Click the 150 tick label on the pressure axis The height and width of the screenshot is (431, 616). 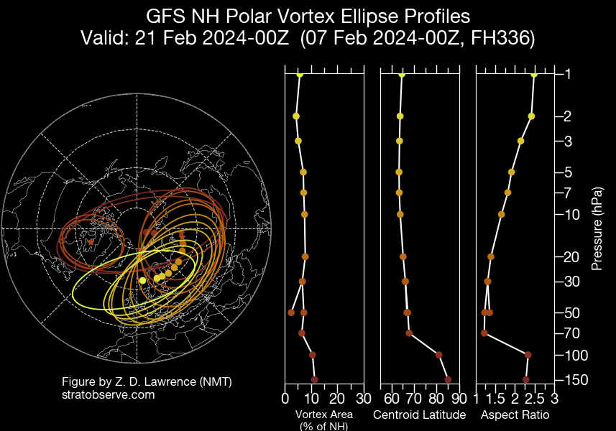pyautogui.click(x=574, y=380)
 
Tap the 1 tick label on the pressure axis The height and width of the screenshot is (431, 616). pyautogui.click(x=567, y=75)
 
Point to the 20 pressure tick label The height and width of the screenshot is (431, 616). pyautogui.click(x=571, y=257)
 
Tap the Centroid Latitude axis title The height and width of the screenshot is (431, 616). pyautogui.click(x=420, y=415)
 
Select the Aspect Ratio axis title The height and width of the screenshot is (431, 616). pyautogui.click(x=515, y=415)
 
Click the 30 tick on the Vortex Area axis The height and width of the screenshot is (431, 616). pyautogui.click(x=364, y=399)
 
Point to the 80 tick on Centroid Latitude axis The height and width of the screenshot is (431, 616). pyautogui.click(x=437, y=399)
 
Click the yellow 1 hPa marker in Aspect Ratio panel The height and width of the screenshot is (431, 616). pyautogui.click(x=534, y=75)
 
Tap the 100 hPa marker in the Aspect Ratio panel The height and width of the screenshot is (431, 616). pyautogui.click(x=528, y=355)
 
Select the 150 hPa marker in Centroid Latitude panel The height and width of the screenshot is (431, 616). pyautogui.click(x=448, y=379)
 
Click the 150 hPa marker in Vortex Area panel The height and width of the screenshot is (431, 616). pyautogui.click(x=314, y=379)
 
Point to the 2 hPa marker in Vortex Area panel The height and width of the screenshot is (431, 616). pyautogui.click(x=295, y=116)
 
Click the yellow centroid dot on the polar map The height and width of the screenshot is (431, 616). pyautogui.click(x=142, y=280)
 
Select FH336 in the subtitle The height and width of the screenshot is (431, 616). pyautogui.click(x=498, y=39)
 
